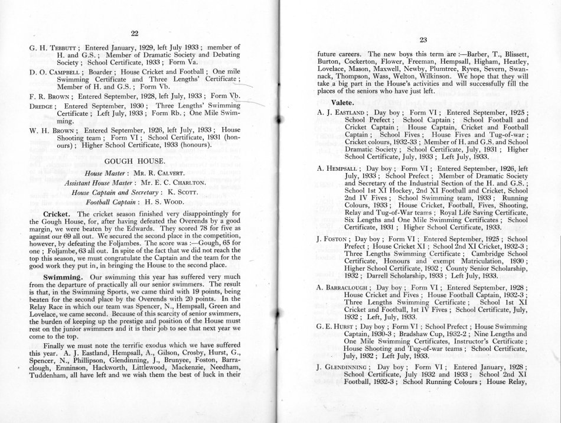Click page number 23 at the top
tap(422, 40)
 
